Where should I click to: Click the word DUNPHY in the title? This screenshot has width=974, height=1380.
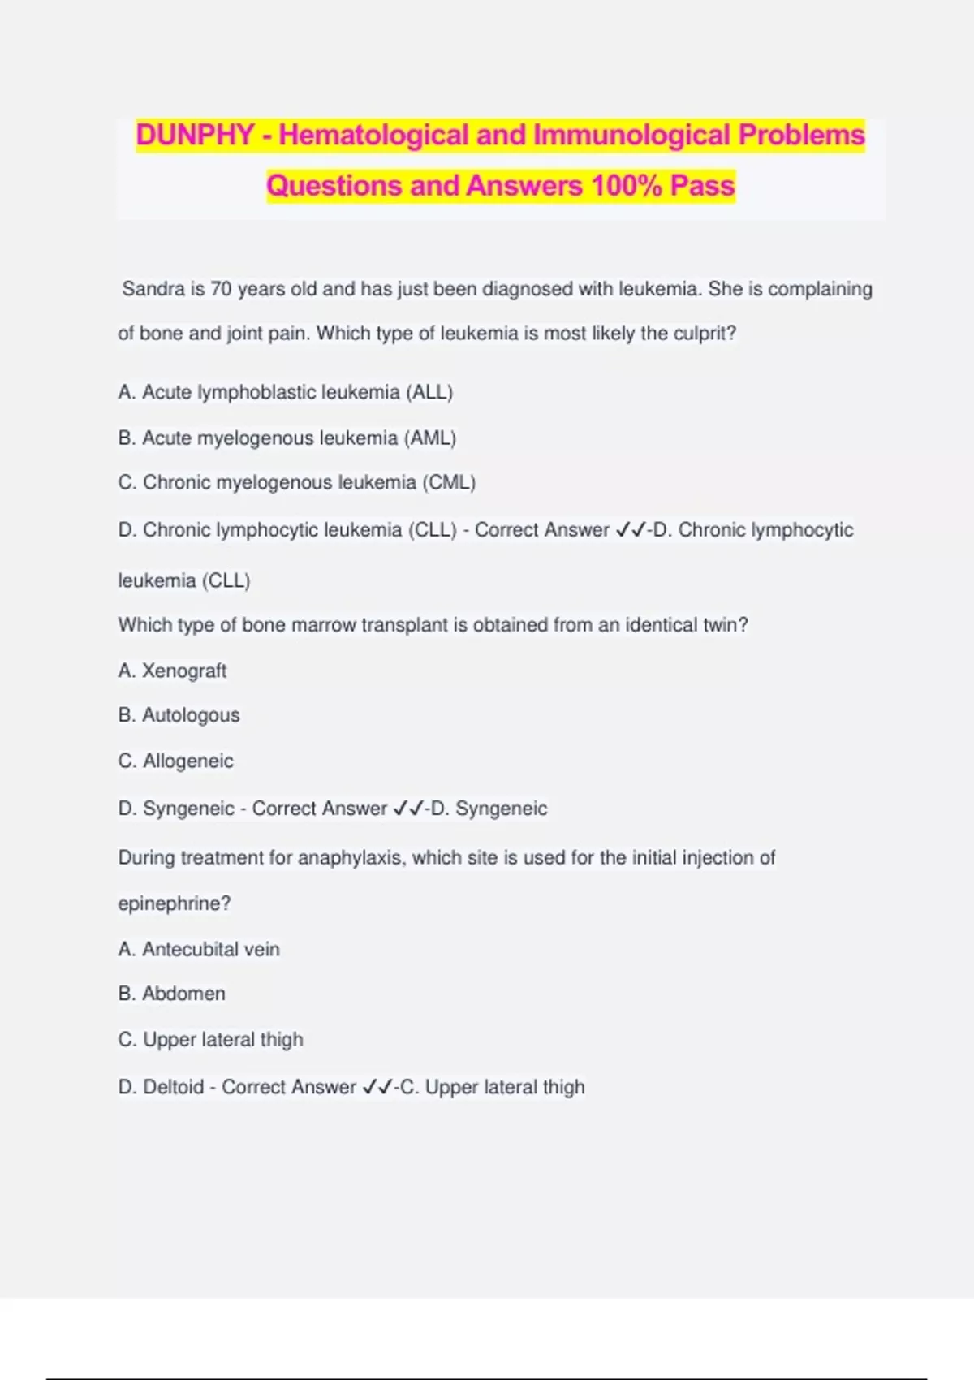(195, 135)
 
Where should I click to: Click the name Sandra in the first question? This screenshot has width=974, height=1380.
(151, 289)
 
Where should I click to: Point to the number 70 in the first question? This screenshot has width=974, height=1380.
(221, 289)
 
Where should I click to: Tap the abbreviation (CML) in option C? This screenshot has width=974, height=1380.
(448, 482)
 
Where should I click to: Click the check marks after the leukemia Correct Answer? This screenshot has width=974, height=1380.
(631, 530)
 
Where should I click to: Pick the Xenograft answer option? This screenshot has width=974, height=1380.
(183, 671)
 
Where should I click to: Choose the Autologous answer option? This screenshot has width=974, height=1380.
(191, 715)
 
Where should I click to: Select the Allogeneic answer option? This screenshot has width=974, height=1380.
(187, 761)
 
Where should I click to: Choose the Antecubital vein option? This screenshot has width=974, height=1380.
(210, 949)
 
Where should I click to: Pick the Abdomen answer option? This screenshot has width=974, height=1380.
(183, 994)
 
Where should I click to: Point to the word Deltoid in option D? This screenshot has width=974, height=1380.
(173, 1087)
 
